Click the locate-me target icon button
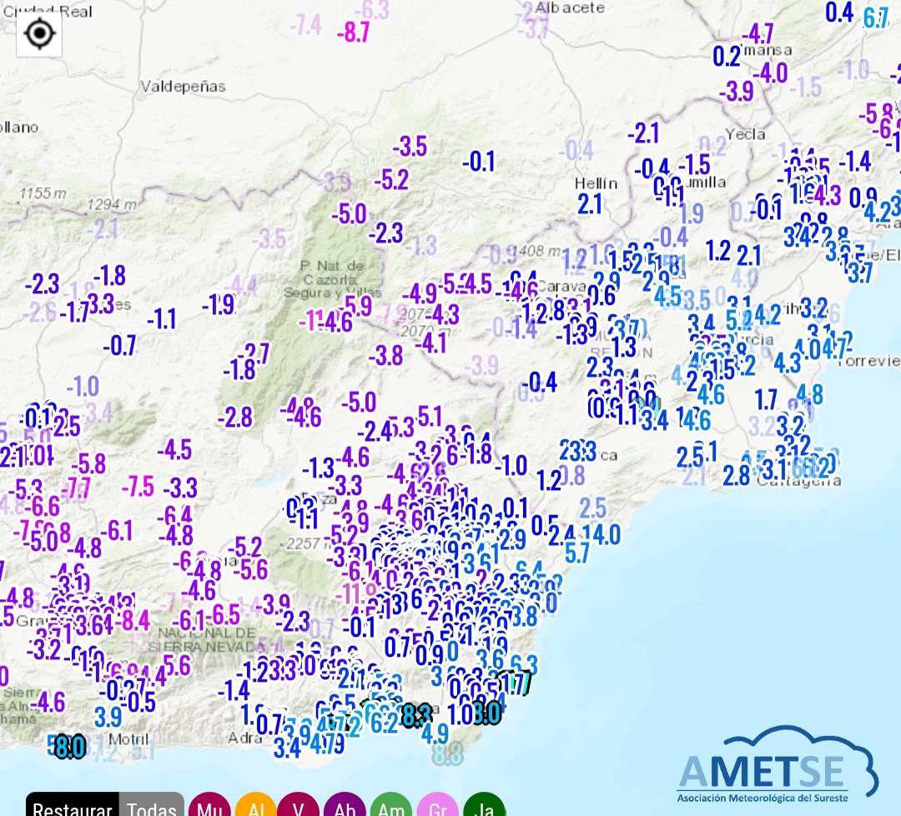tap(39, 34)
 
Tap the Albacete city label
tap(571, 7)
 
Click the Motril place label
tap(128, 739)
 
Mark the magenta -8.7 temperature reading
tap(353, 33)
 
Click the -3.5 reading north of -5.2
tap(410, 147)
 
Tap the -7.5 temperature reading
tap(138, 486)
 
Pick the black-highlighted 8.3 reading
tap(415, 715)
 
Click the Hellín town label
tap(596, 183)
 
